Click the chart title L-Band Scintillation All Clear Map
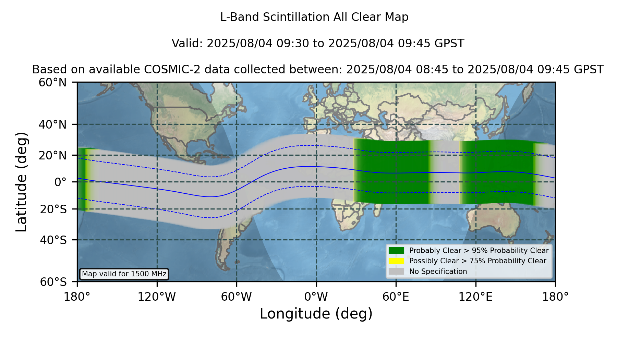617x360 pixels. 314,17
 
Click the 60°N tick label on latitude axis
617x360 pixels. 53,82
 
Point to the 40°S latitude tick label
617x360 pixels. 53,240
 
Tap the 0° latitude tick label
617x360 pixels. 61,182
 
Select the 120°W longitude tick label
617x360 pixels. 157,297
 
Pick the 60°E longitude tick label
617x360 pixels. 396,297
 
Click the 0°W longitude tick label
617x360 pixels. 316,297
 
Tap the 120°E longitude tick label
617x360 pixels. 476,297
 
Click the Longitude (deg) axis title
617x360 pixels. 316,314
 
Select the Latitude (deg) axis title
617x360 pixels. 21,182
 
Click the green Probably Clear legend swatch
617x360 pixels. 397,250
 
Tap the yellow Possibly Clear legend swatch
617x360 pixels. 397,261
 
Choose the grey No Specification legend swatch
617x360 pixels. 397,272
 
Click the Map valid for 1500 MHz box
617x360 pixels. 124,274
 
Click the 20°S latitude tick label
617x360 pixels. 53,209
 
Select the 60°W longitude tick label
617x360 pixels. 237,297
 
